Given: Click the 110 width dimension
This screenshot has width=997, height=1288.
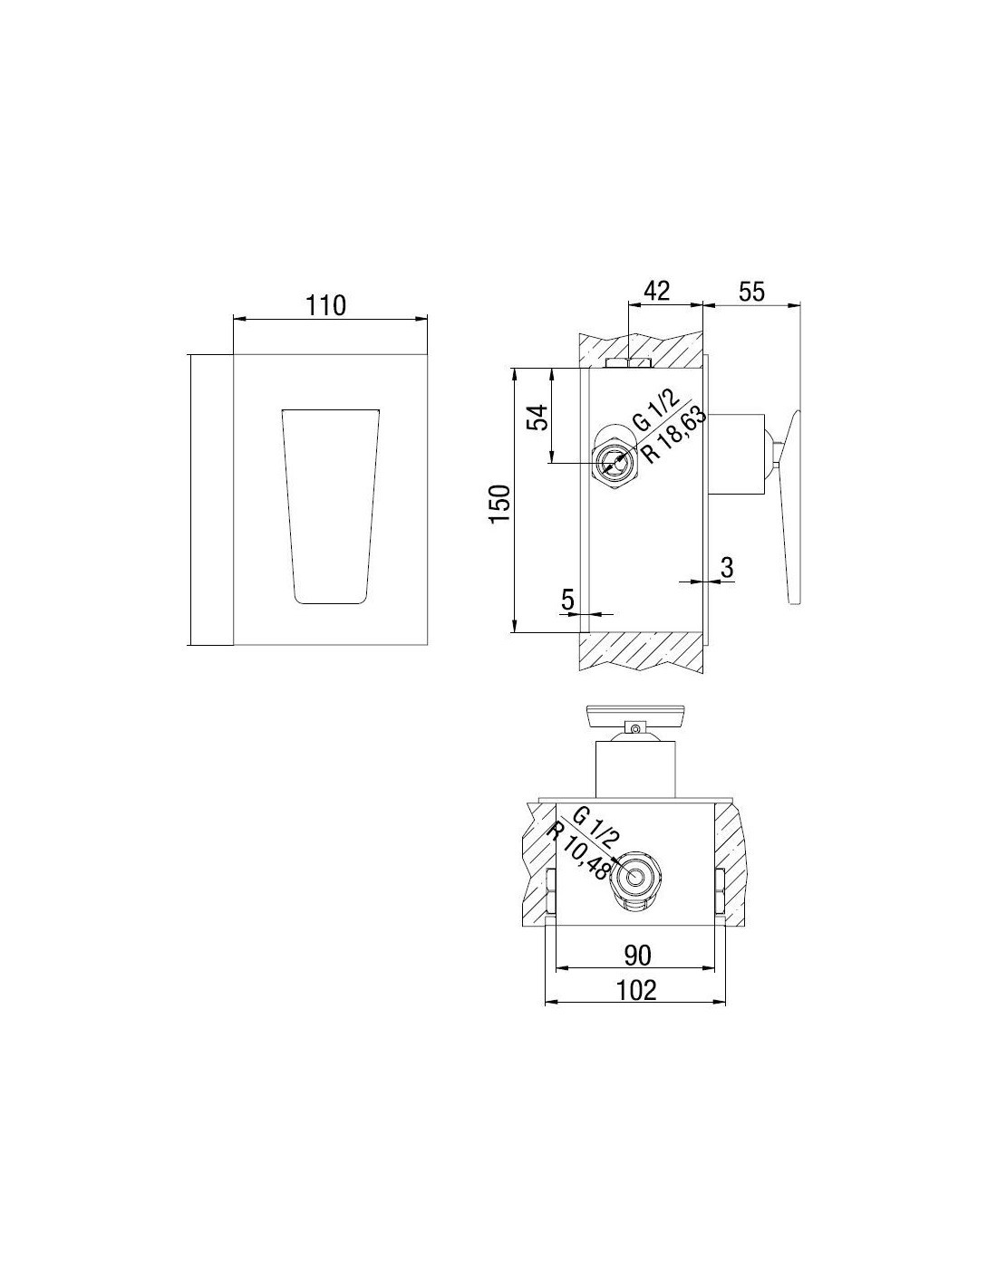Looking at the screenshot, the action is coord(325,306).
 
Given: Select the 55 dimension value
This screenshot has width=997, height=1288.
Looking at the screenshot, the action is coord(752,292).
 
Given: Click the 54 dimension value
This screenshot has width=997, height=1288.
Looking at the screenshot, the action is coord(537,418).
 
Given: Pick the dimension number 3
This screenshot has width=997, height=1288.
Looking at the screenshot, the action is coord(727,567).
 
